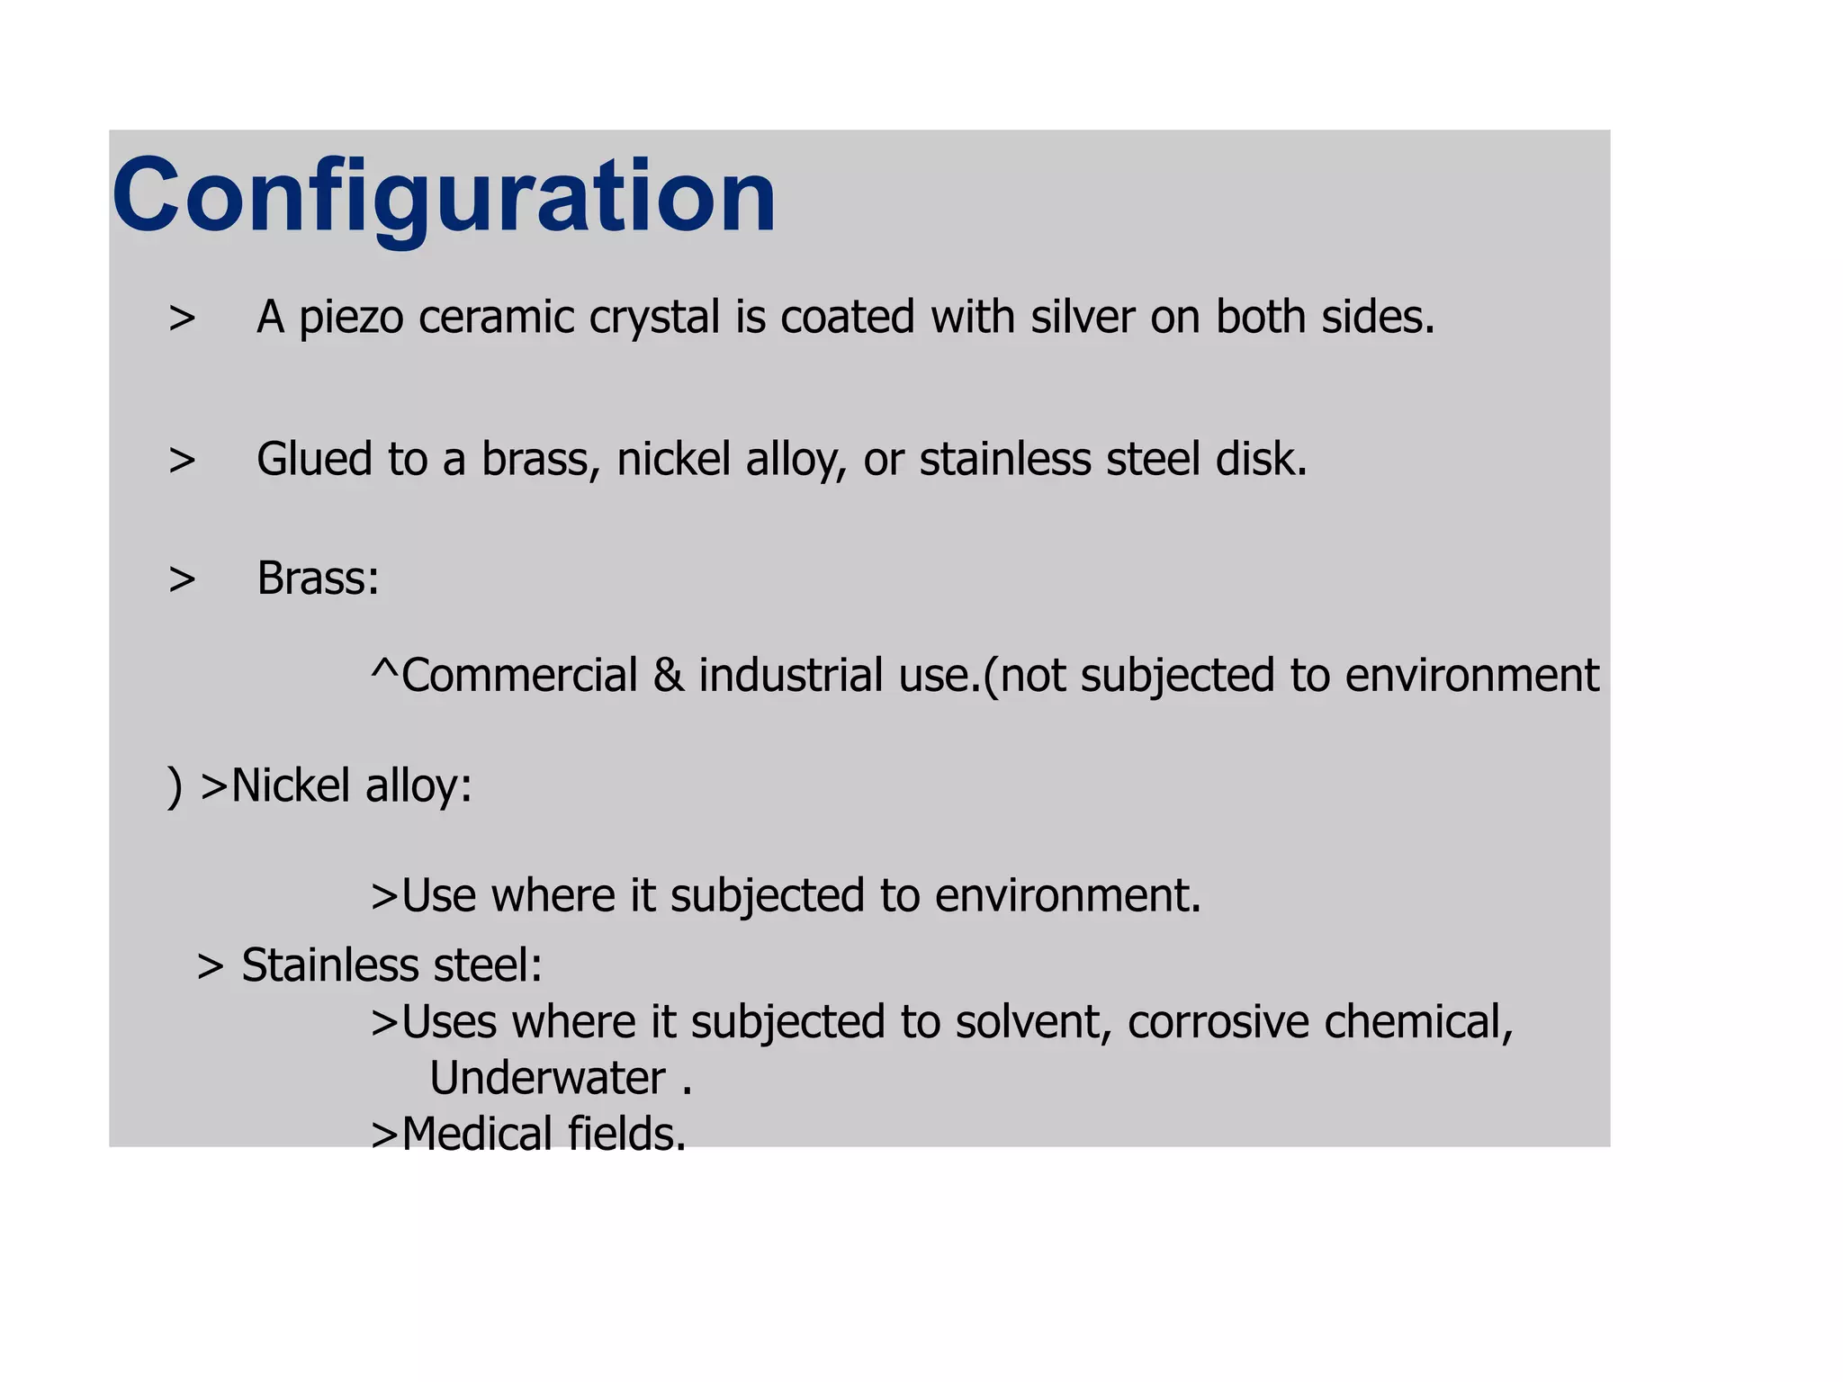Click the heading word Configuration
tap(444, 196)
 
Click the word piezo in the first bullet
tap(350, 318)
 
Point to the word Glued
tap(314, 459)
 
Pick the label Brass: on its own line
tap(318, 578)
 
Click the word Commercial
tap(519, 676)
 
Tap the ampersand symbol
tap(668, 676)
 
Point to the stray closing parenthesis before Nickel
tap(175, 787)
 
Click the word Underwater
tap(547, 1078)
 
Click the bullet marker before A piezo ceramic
tap(182, 319)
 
